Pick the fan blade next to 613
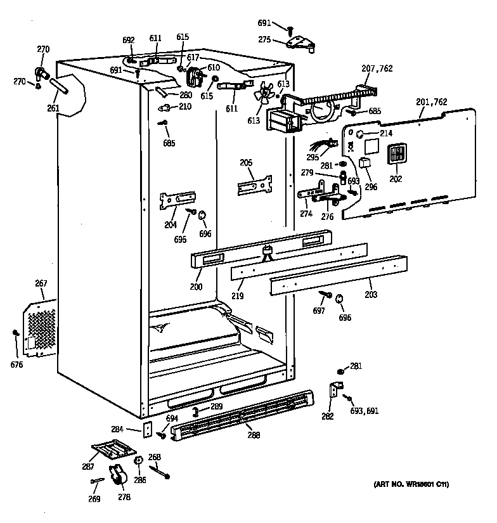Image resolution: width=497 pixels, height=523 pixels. pos(262,95)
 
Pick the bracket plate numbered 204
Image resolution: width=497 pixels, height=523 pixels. pos(176,199)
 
